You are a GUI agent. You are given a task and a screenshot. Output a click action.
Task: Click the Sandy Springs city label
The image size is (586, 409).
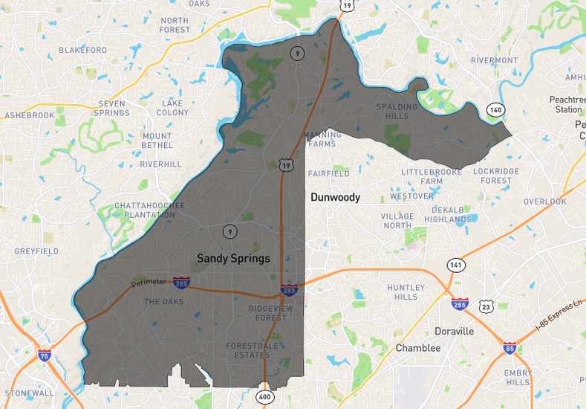[x=233, y=258]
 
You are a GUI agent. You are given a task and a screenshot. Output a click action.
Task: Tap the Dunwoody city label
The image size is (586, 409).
[x=335, y=198]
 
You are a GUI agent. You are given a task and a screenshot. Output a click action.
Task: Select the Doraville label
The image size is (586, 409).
[x=454, y=332]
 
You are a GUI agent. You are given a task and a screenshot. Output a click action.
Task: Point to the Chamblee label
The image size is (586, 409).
[x=417, y=348]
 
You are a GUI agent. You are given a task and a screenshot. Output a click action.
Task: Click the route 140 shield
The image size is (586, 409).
[x=495, y=110]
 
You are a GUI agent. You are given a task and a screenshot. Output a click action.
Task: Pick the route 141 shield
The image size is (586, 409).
[x=455, y=265]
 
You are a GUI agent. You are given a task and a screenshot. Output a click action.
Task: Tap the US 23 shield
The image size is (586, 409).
[x=486, y=306]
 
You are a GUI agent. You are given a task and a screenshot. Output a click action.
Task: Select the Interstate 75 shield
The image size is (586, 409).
[x=45, y=356]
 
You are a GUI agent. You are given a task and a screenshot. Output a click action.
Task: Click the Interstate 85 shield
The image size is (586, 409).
[x=510, y=348]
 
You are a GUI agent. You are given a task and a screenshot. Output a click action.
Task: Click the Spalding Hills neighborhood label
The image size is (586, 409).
[x=392, y=112]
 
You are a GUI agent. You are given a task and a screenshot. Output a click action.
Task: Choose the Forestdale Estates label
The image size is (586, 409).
[x=248, y=350]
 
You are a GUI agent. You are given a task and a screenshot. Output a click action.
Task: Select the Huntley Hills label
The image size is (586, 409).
[x=406, y=292]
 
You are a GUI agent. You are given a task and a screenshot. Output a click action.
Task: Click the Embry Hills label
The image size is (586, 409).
[x=518, y=377]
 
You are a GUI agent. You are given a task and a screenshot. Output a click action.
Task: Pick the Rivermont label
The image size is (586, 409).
[x=494, y=60]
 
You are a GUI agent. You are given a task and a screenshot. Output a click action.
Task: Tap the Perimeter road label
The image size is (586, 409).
[x=149, y=283]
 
